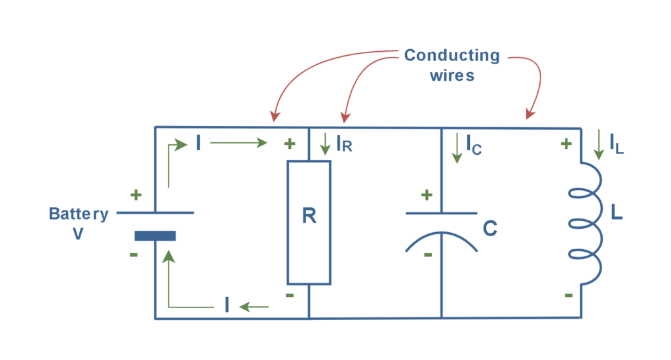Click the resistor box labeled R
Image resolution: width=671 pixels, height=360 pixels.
309,222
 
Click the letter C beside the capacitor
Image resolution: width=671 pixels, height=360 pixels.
489,228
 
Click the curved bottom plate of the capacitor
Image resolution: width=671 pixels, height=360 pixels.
441,241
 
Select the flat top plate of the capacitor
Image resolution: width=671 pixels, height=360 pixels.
441,213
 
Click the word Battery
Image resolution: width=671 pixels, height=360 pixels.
79,214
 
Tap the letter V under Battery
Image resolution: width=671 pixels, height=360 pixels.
78,233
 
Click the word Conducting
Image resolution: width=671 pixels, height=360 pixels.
451,55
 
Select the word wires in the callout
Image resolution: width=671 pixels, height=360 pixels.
451,75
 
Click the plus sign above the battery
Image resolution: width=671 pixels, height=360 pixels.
136,195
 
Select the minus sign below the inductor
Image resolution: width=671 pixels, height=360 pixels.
568,296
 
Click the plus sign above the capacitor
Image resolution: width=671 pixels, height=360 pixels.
427,195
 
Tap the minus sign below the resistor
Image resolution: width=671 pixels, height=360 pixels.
289,295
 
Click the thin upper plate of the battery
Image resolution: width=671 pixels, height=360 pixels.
155,212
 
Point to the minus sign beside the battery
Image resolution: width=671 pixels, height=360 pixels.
134,254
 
